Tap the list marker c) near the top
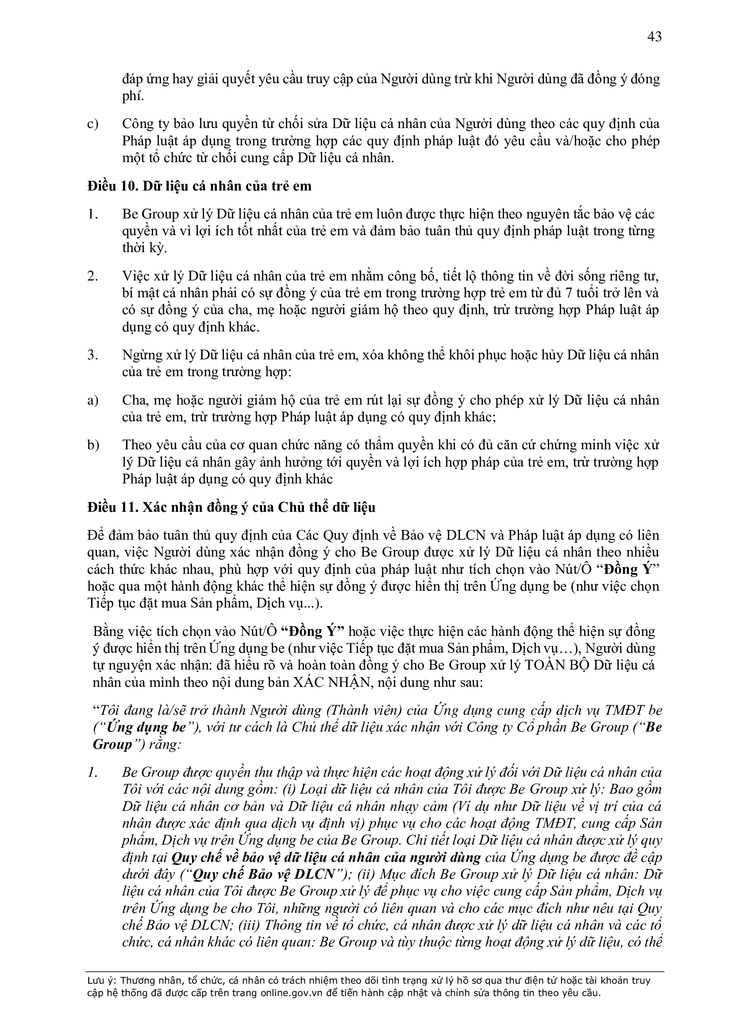93,124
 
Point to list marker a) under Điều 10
93,400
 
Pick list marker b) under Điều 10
93,445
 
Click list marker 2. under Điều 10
93,276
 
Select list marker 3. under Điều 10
93,355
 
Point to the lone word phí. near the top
133,97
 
